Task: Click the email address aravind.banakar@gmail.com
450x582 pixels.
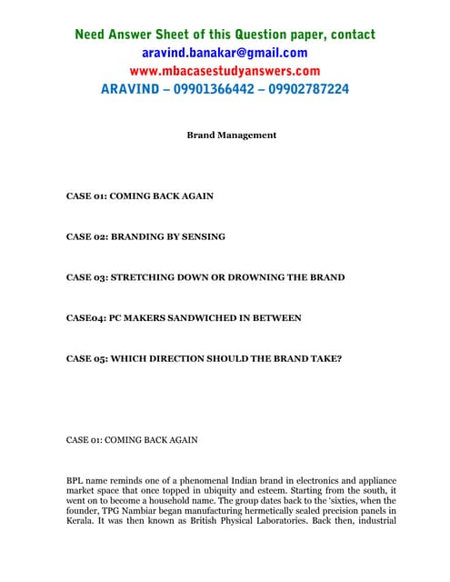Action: (224, 53)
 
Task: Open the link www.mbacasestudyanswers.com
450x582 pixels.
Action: (224, 71)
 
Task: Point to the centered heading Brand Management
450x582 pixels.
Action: (231, 135)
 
